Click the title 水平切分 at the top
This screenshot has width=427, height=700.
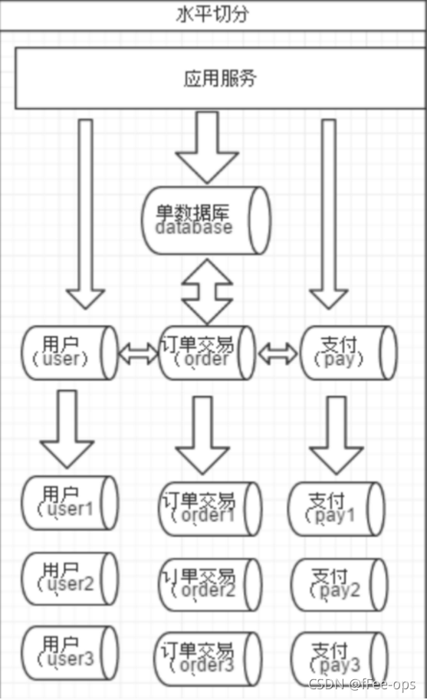point(212,15)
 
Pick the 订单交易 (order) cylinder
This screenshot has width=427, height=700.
point(207,353)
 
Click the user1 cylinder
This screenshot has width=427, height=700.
point(69,502)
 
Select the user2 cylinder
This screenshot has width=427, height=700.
point(69,577)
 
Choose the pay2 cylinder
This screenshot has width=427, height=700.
point(338,584)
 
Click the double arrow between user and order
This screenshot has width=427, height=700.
point(138,353)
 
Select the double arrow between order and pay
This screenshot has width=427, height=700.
point(278,353)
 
